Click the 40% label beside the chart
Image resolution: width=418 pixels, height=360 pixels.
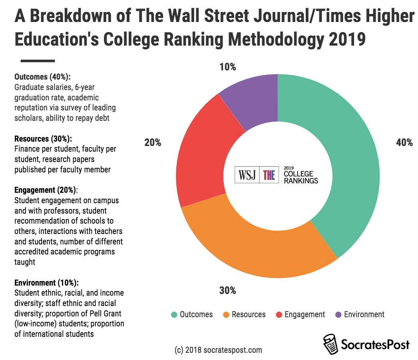pos(404,142)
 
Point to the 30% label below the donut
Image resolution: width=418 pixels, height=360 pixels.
pos(227,291)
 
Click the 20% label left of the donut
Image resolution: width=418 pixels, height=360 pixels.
pos(152,142)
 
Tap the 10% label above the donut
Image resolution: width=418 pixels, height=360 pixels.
pos(227,67)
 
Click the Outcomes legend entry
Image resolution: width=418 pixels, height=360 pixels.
pos(192,314)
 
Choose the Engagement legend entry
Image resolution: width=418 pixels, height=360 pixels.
pos(300,314)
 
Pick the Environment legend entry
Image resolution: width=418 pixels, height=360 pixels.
pos(359,314)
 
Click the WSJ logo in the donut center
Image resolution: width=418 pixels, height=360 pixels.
pos(247,175)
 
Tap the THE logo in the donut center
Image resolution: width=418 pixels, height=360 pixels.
pos(269,175)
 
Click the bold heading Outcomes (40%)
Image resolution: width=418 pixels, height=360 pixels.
pos(42,77)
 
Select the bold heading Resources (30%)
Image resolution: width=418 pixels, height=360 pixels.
pos(43,139)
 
